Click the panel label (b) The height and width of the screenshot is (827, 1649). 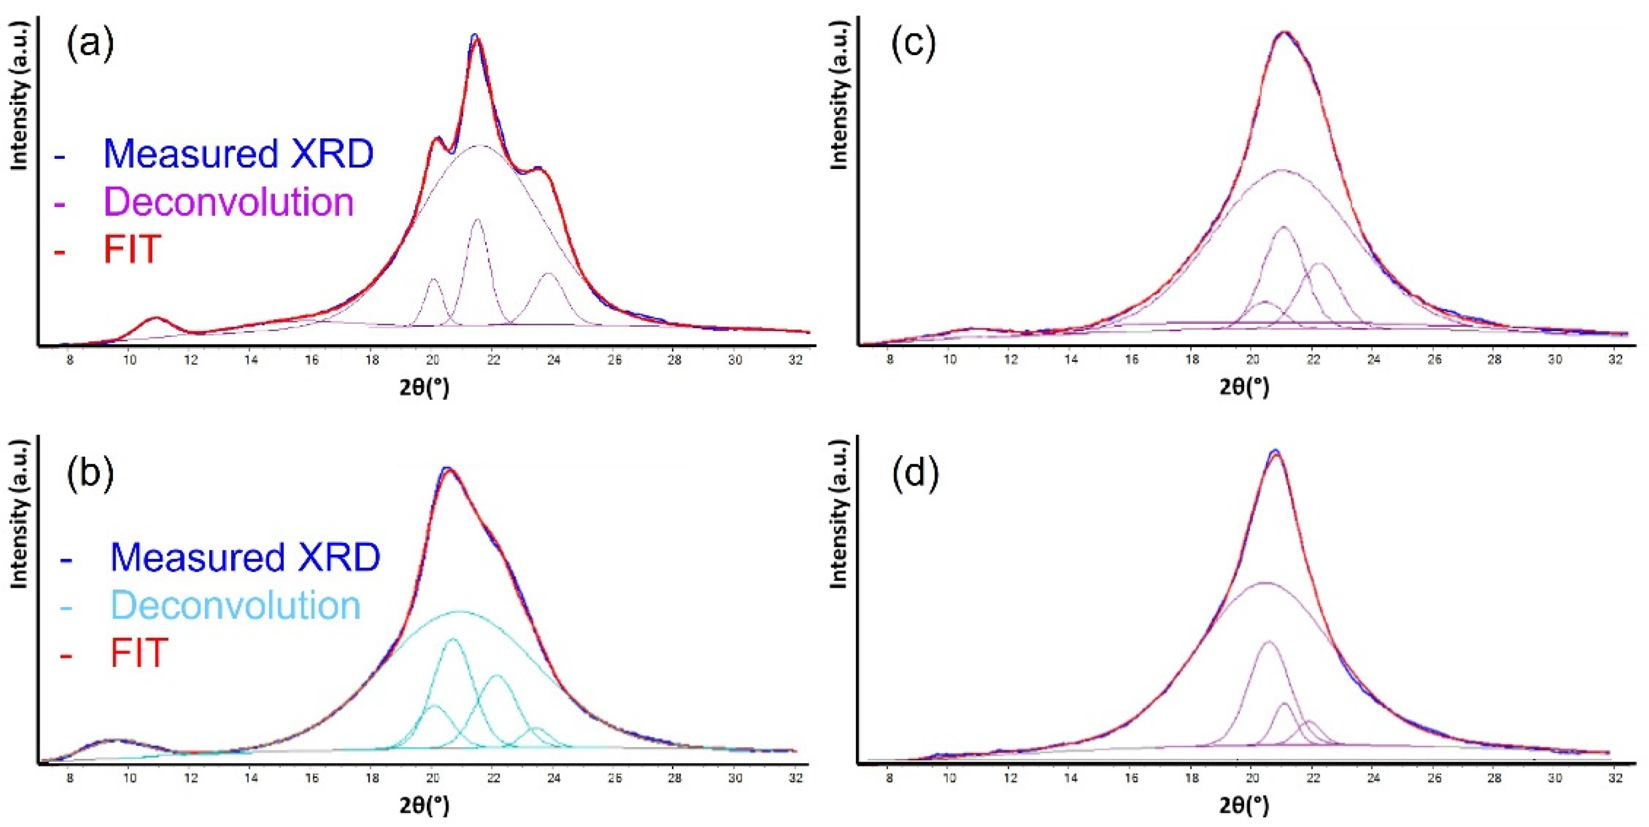[x=90, y=472]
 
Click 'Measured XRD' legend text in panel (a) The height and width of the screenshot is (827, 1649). [x=238, y=154]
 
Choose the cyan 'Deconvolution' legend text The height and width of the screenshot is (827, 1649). [x=235, y=605]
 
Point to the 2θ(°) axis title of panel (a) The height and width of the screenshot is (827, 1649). [x=424, y=387]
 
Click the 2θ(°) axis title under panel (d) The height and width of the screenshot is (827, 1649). [x=1244, y=805]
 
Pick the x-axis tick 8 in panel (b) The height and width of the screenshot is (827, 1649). [x=70, y=778]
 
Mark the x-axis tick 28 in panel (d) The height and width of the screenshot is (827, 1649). [x=1494, y=778]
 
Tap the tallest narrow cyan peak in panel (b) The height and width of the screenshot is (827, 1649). [x=452, y=639]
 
